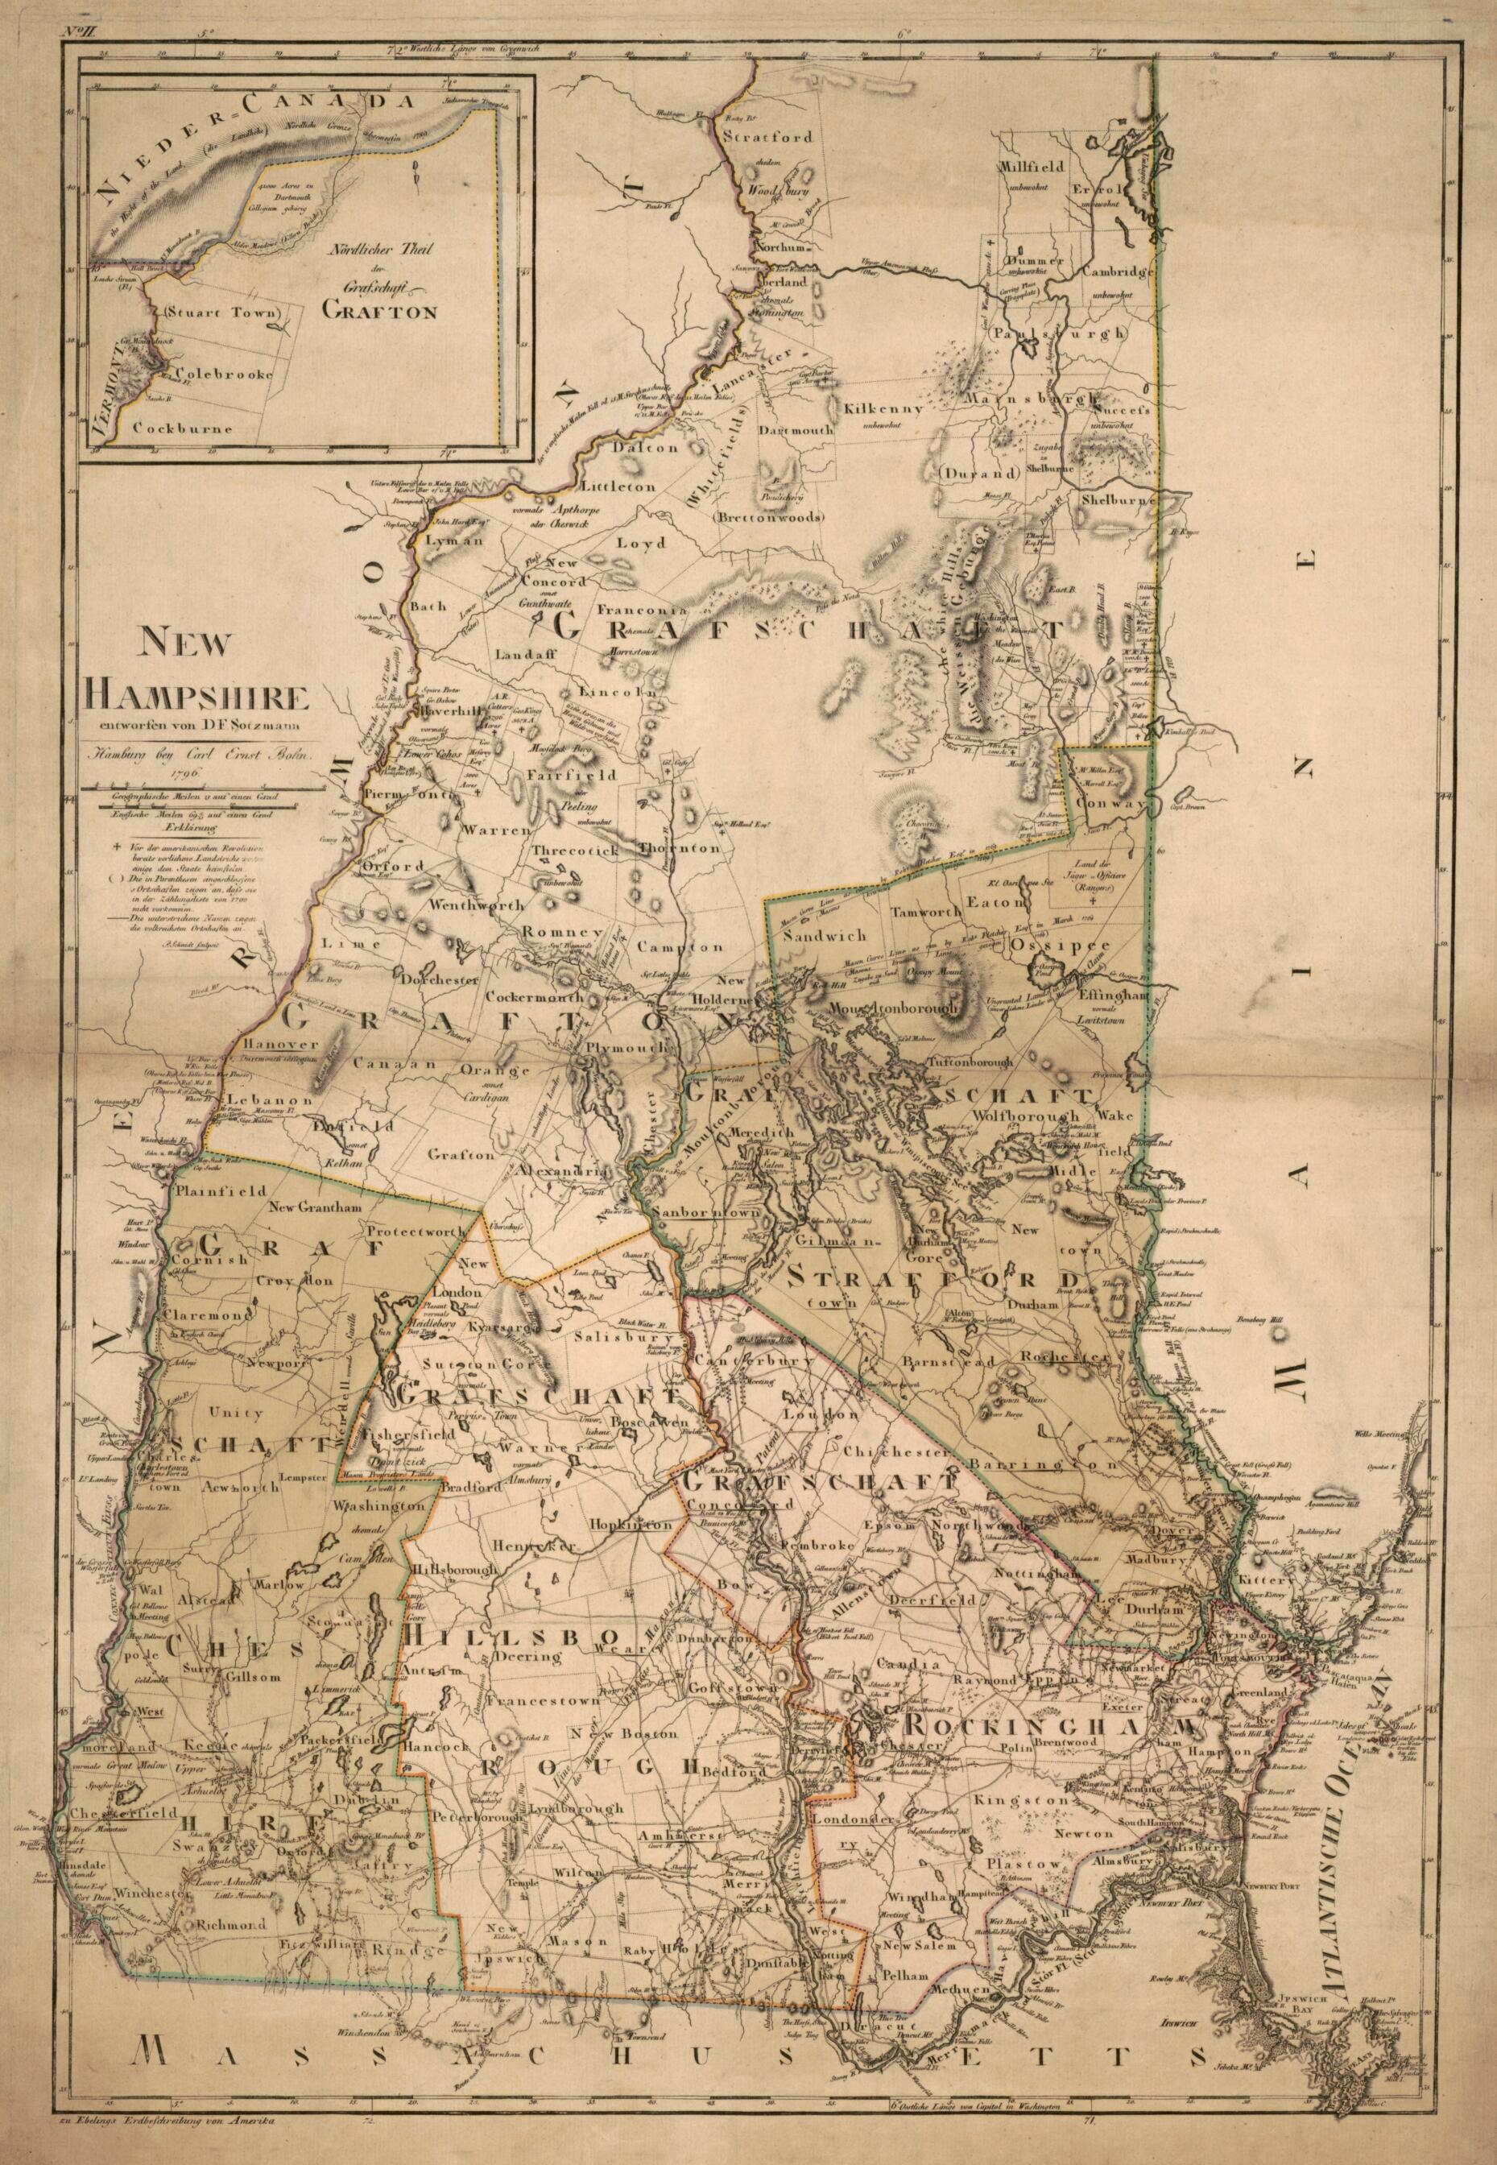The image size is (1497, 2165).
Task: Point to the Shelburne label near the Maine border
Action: pyautogui.click(x=1119, y=501)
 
